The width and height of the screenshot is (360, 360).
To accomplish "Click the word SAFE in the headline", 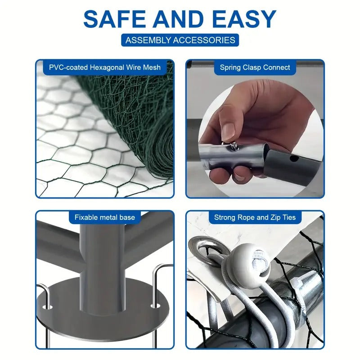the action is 115,19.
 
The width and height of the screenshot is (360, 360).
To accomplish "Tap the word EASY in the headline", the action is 244,19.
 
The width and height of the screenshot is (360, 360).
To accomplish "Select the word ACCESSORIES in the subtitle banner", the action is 204,40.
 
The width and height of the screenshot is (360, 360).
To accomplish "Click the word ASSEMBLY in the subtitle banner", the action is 148,40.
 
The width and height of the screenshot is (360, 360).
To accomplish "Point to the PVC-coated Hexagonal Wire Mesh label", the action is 105,67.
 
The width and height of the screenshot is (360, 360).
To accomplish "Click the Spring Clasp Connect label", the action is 255,67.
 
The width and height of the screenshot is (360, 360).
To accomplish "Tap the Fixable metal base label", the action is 105,217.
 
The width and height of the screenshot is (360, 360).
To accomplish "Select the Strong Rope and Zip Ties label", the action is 255,217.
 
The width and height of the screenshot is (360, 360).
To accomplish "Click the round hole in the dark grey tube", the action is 294,158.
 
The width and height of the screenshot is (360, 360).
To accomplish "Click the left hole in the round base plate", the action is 48,307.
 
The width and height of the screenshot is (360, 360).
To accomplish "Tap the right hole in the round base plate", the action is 155,306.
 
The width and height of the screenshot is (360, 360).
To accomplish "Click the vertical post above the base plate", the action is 103,269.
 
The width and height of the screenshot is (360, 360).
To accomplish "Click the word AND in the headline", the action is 179,19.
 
